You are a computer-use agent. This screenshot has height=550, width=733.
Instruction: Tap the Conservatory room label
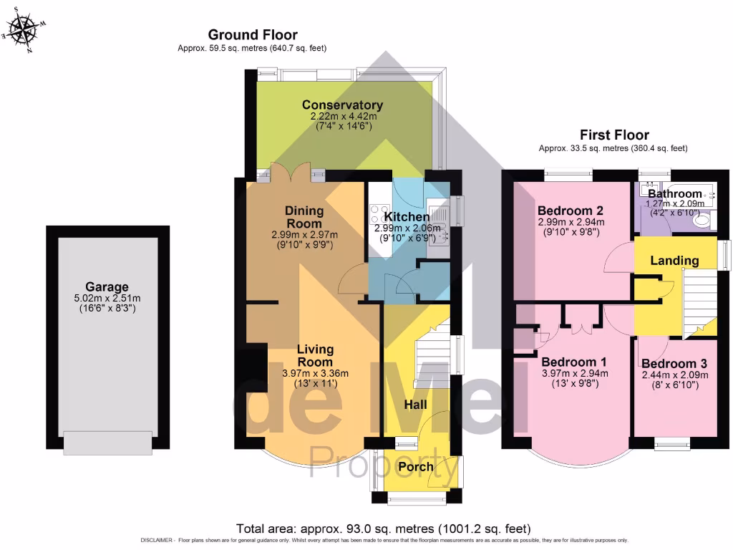342,105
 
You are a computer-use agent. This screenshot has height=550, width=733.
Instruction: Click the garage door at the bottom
107,442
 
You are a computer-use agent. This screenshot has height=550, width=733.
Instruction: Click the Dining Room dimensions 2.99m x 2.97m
305,234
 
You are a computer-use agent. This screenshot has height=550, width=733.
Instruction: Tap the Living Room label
316,355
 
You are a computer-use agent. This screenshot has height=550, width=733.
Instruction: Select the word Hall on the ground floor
415,405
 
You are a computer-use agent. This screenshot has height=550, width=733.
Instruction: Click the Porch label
416,466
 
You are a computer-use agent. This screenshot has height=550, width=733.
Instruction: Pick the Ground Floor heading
253,34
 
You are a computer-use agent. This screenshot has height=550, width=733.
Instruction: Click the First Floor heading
613,135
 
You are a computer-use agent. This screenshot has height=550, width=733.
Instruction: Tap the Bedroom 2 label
571,211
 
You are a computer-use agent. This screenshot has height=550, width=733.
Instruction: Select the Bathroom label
674,193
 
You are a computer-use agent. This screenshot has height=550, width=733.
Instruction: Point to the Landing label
674,260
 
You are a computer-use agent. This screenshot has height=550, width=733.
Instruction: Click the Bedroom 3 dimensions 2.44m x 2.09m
674,375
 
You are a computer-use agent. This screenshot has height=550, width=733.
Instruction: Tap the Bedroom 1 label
574,362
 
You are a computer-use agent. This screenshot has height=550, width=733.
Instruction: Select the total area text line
384,529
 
